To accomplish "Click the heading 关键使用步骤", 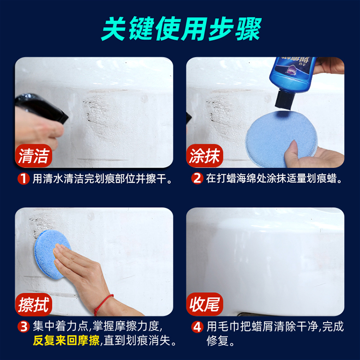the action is (181, 29).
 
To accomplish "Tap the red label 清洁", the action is (34, 156).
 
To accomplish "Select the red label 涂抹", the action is (204, 156).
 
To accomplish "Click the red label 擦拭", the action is (34, 304).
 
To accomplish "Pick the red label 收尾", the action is (204, 304).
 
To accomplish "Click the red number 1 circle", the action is (24, 179).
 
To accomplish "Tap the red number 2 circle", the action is (197, 179).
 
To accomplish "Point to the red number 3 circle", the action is (24, 326).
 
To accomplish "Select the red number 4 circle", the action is (197, 326).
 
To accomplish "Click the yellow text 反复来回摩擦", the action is (66, 340).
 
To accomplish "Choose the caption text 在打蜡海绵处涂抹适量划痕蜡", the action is (271, 179).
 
